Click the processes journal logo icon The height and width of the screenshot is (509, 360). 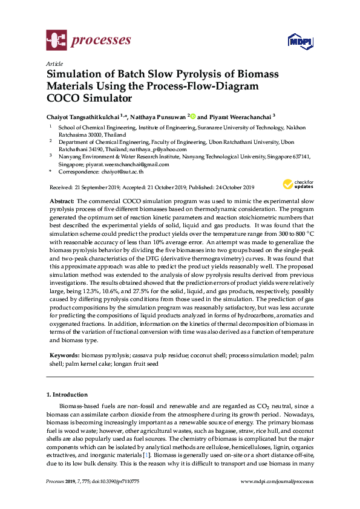point(56,41)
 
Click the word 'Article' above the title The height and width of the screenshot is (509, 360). point(54,63)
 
